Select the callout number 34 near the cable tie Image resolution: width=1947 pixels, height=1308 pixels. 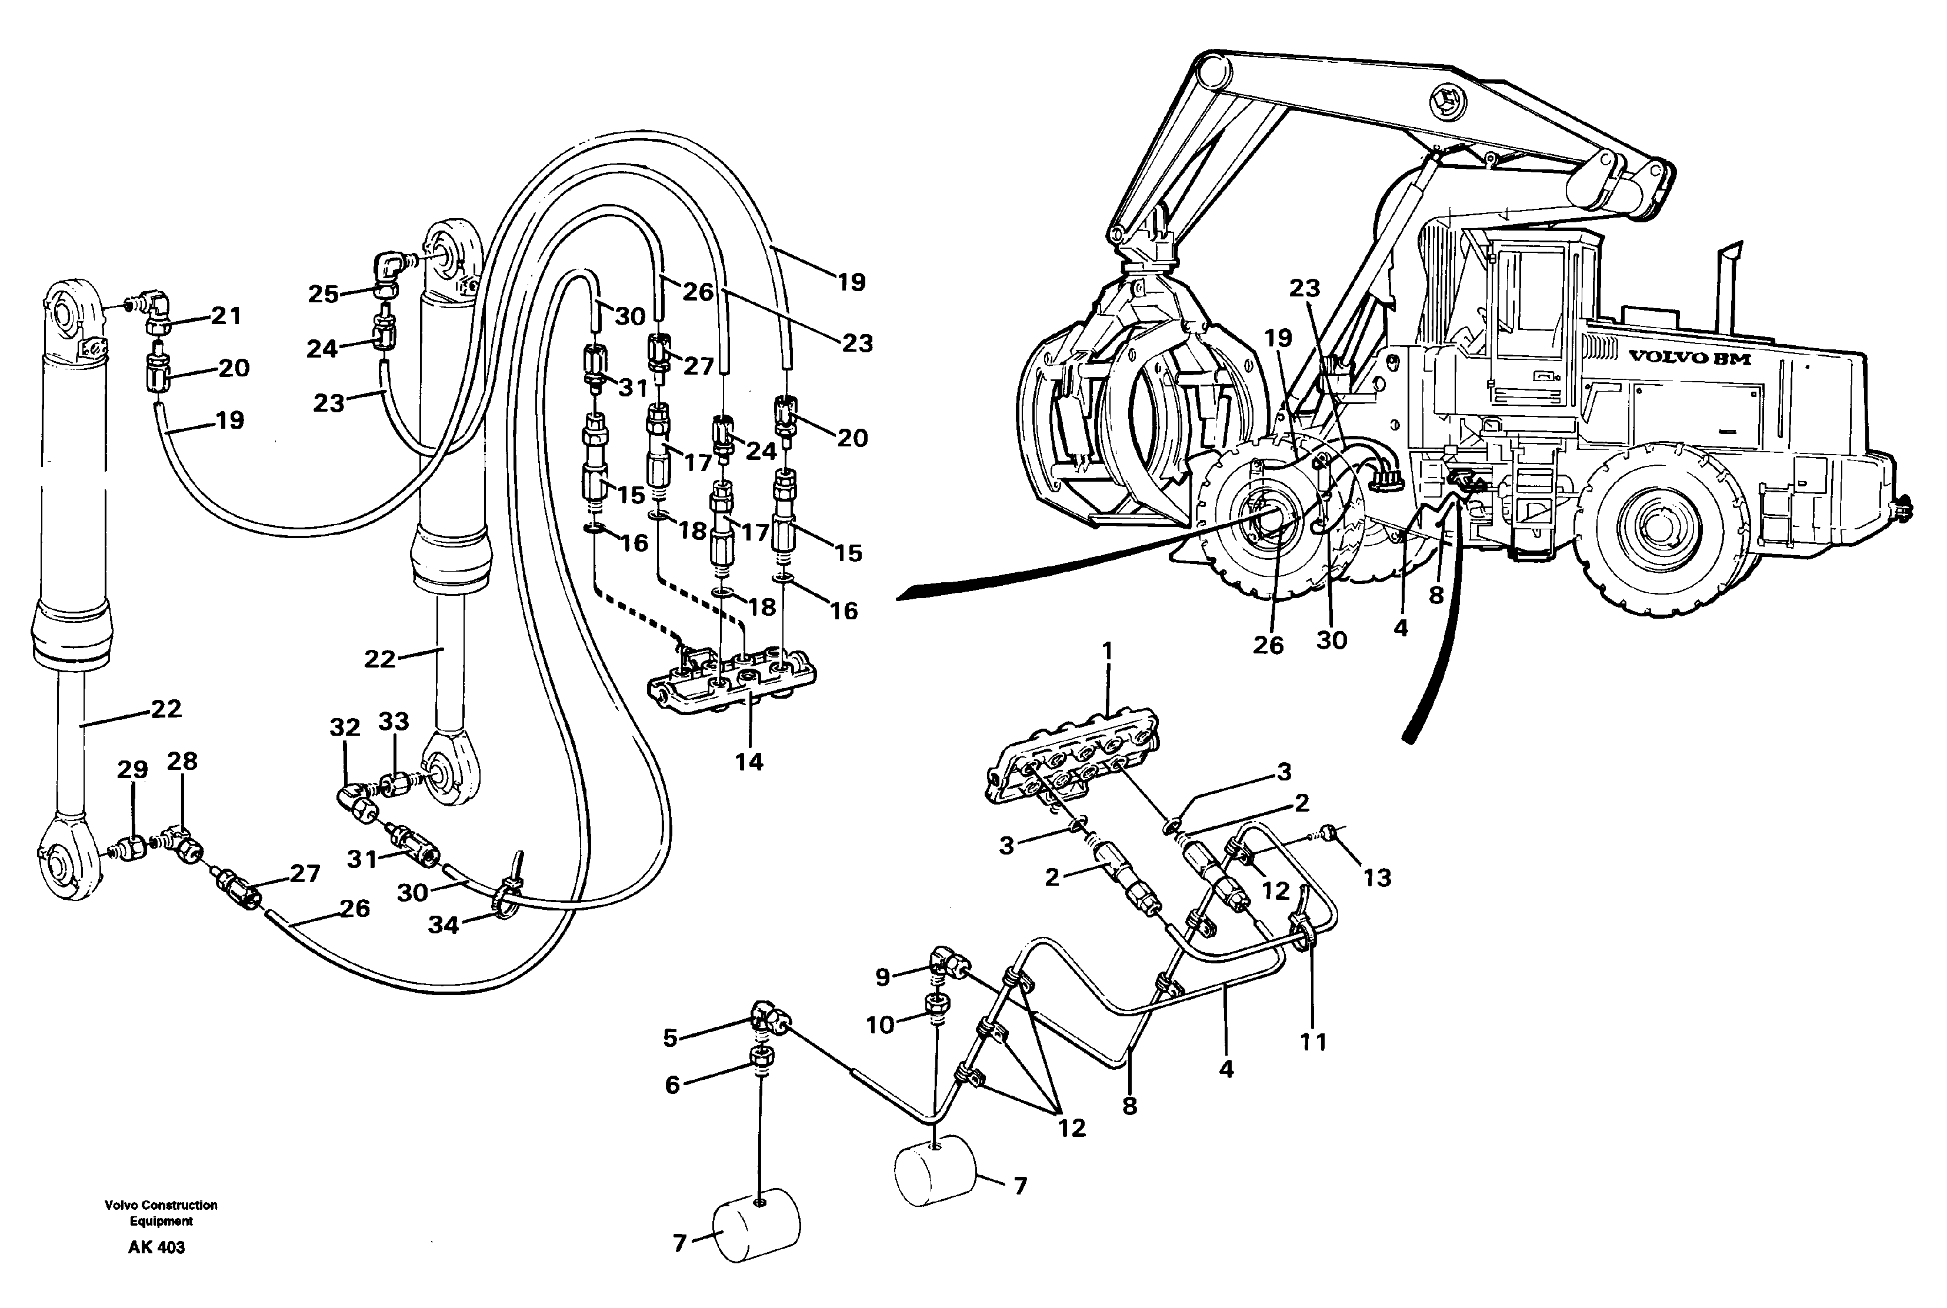(443, 925)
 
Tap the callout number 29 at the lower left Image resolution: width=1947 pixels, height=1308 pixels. (132, 769)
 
